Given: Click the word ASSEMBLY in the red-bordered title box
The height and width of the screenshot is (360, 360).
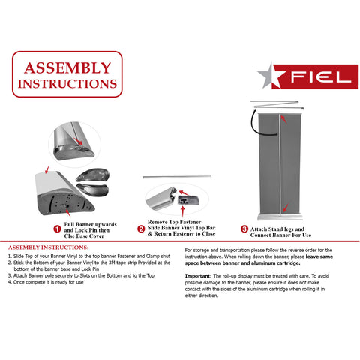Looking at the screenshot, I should (67, 66).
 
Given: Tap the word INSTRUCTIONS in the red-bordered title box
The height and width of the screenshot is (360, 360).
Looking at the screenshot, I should (67, 82).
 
